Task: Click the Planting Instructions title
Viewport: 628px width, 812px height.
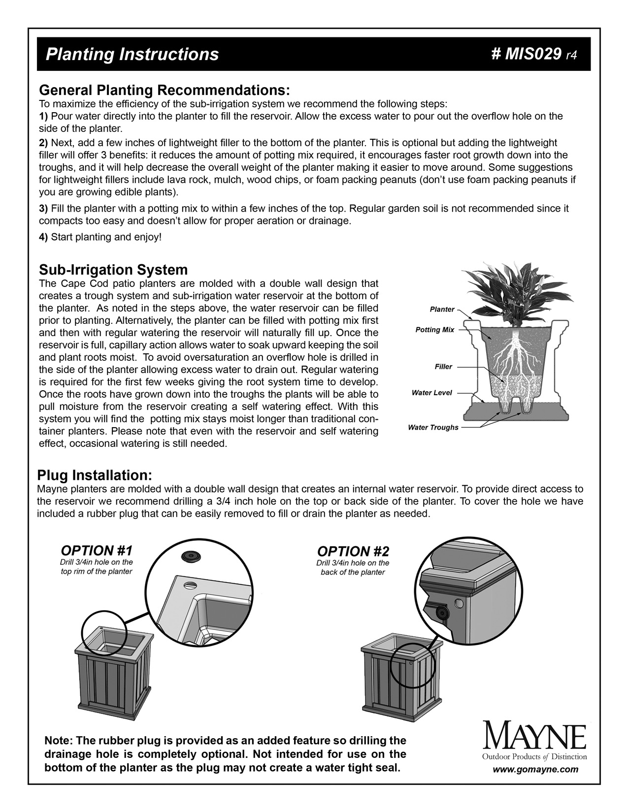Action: coord(132,54)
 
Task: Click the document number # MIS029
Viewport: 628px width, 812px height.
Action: coord(527,54)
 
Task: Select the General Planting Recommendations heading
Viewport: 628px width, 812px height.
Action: coord(164,91)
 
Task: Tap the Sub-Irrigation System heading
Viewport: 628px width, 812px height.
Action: coord(113,270)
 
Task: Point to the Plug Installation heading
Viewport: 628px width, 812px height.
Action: coord(95,475)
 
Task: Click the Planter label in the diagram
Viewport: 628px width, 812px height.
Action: coord(442,310)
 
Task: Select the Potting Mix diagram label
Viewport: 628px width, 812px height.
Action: coord(434,330)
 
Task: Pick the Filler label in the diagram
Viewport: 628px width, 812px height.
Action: coord(443,367)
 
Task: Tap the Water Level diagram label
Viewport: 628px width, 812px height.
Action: coord(431,393)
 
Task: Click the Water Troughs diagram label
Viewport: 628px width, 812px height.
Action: coord(433,427)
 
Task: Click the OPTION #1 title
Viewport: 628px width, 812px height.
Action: coord(97,550)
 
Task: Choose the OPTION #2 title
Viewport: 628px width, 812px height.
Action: coord(353,551)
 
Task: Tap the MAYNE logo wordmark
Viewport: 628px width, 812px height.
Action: coord(535,737)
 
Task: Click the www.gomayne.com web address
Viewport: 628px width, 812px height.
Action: coord(536,769)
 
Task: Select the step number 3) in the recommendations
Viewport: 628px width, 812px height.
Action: coord(43,209)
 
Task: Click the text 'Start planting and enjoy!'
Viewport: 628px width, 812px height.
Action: coord(106,237)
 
